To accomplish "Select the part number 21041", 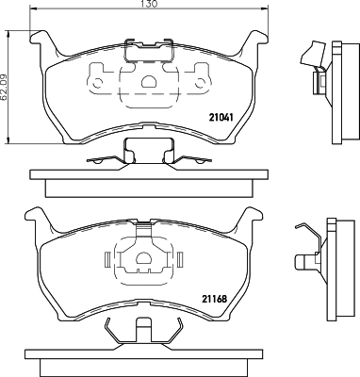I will coord(221,118).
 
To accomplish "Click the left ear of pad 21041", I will coord(41,41).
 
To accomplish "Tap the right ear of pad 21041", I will coord(252,41).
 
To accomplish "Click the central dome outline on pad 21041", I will coord(145,83).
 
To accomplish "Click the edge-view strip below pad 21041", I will coord(145,176).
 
